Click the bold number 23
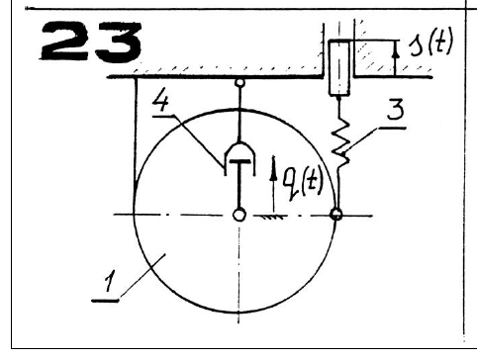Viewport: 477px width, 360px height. [x=91, y=42]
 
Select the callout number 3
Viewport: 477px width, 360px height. [x=395, y=110]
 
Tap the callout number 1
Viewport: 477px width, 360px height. [x=109, y=281]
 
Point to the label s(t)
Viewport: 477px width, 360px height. [x=430, y=43]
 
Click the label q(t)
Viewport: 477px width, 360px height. [x=303, y=184]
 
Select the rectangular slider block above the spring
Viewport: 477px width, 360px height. [x=339, y=67]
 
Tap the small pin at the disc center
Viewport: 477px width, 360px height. [x=239, y=215]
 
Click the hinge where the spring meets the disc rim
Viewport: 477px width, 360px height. [x=336, y=215]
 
